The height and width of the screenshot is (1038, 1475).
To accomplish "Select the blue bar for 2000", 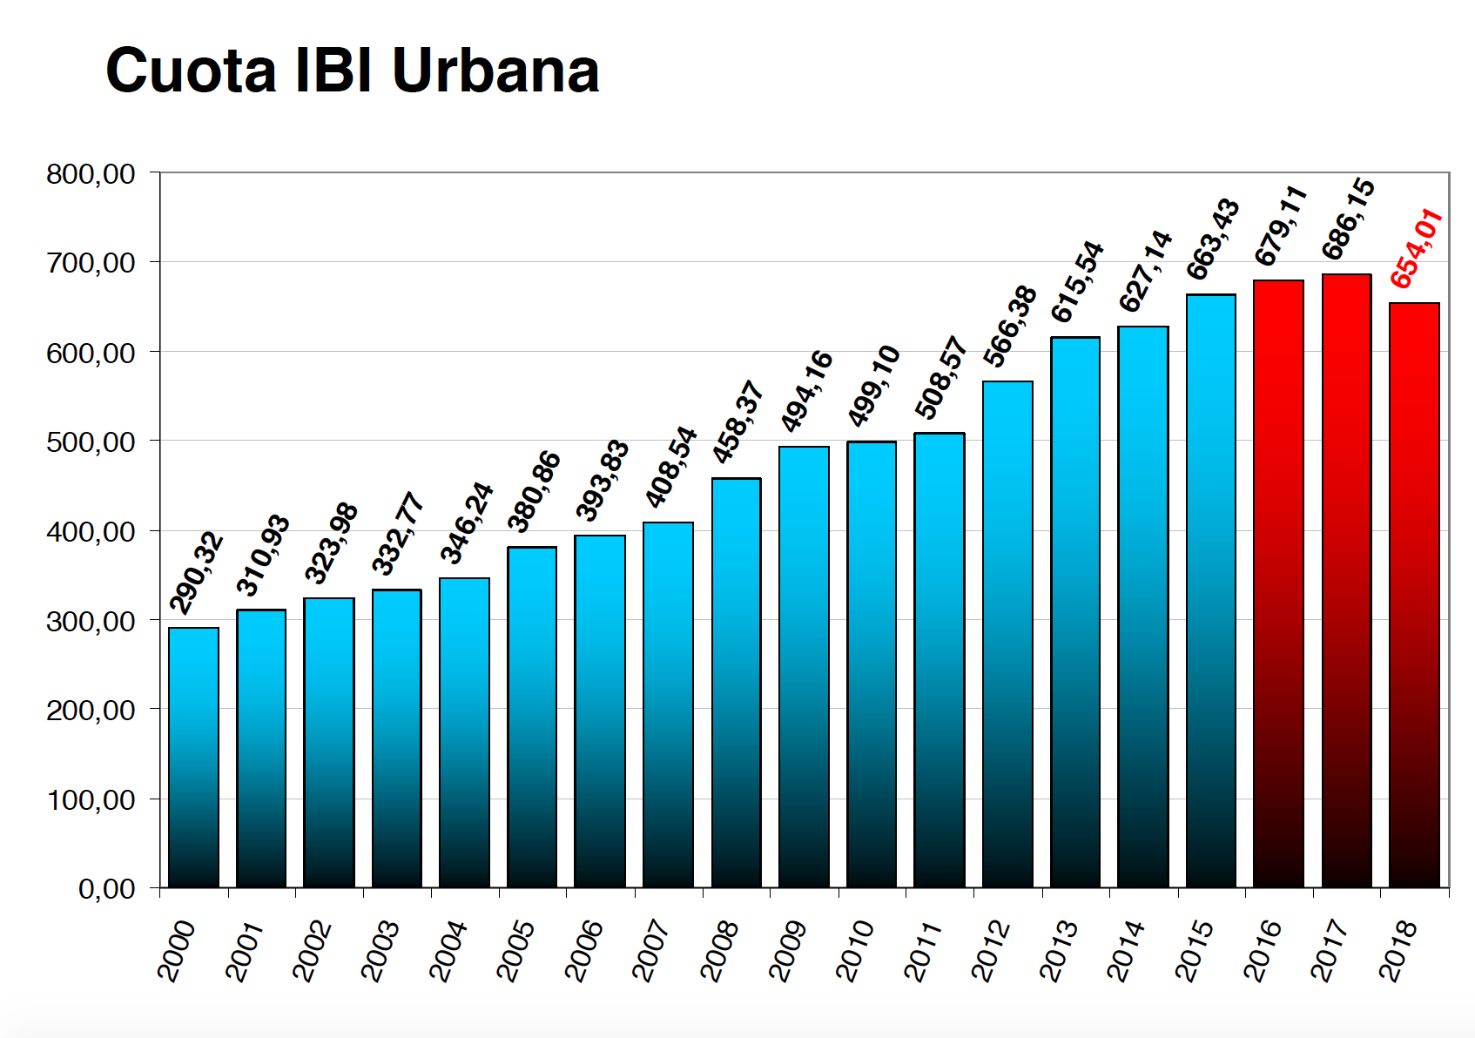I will point(193,758).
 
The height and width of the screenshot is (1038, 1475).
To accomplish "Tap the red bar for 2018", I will point(1414,596).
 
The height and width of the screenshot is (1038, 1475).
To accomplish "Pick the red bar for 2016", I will point(1278,583).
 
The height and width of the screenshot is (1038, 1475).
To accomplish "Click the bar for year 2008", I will point(736,683).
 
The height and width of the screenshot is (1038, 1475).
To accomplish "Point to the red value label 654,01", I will point(1416,249).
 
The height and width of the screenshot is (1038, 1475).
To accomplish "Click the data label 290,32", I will point(197,573).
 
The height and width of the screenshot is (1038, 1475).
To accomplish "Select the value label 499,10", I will point(873,386).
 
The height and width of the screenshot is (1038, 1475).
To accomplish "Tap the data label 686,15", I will point(1348,219).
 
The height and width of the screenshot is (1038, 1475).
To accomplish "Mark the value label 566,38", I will point(1010,327).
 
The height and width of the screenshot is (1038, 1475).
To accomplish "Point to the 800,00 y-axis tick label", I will point(91,174).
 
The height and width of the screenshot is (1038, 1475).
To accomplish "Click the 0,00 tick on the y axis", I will point(106,889).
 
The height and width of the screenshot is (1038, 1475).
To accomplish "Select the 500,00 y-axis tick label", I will point(91,442).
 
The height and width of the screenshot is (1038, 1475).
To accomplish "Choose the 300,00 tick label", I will point(91,622).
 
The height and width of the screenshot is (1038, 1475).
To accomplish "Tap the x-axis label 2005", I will point(515,951).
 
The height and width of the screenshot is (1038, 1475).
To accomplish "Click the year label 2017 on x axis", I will point(1330,951).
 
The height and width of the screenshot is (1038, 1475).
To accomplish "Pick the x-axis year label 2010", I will point(855,951).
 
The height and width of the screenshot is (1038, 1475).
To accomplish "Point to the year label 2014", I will point(1126,951).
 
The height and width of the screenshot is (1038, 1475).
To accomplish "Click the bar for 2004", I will point(464,732).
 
